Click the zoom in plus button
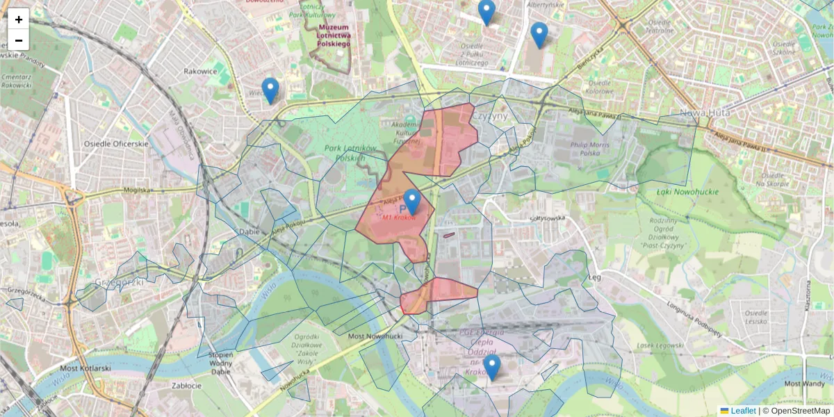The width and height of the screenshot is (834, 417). point(19,19)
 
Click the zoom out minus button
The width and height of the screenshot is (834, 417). point(19,40)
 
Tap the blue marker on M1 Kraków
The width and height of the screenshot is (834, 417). point(412,202)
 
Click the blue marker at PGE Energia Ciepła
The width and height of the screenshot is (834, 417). point(492,368)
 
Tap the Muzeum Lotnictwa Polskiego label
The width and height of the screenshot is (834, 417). point(333,35)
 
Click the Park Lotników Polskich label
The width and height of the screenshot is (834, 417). point(350,153)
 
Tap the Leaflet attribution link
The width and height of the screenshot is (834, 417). point(742,411)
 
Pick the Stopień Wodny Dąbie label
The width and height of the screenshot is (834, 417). point(220,363)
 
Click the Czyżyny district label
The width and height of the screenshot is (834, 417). point(491,116)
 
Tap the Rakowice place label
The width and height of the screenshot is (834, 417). point(201,71)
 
